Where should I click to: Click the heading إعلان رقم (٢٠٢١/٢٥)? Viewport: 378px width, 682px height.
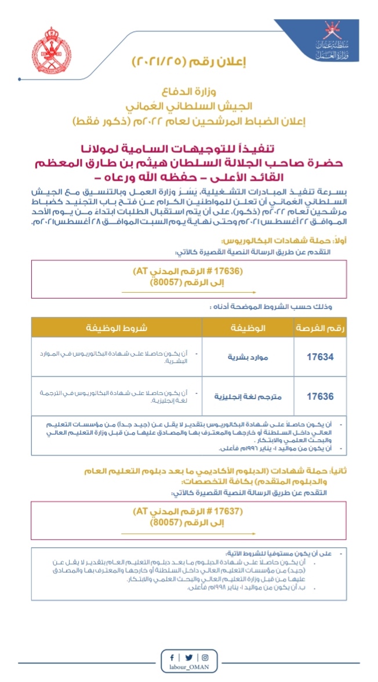189,63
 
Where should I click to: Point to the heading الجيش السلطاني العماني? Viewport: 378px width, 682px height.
189,107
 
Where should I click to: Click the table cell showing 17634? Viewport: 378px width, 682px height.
320,357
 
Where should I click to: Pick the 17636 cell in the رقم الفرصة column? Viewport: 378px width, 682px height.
320,396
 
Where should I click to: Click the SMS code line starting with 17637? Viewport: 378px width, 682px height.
189,512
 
